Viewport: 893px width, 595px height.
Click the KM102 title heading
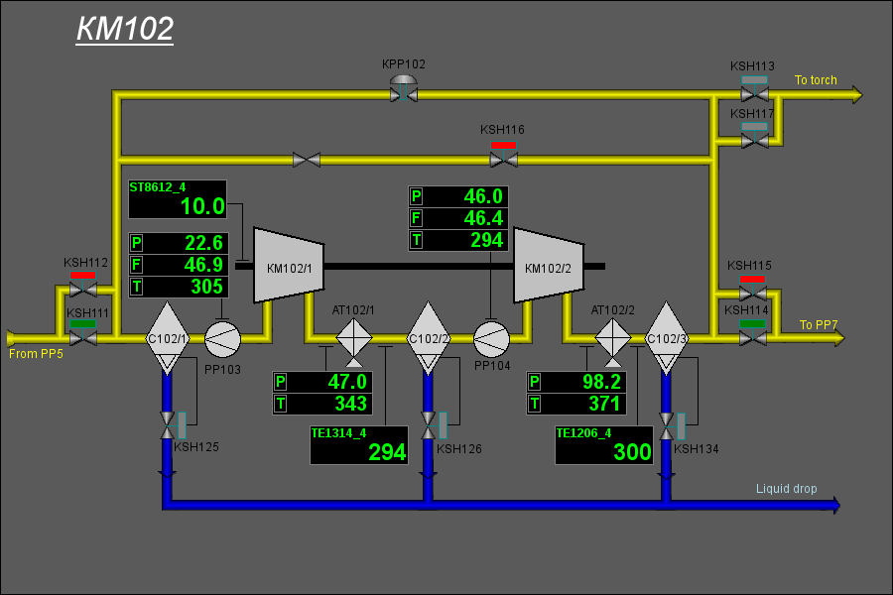point(125,29)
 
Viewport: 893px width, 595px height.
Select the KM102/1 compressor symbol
point(289,266)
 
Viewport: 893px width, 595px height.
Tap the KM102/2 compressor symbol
point(549,266)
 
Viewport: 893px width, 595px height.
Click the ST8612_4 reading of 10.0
point(202,206)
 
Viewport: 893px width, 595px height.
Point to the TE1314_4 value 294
point(387,452)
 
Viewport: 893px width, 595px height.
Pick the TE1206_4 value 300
point(632,452)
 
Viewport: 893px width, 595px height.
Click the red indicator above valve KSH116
point(503,145)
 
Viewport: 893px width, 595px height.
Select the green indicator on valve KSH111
point(82,324)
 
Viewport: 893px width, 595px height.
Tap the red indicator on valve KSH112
point(82,275)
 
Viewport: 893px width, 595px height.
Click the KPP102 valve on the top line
point(404,89)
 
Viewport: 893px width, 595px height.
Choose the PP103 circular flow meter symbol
point(222,339)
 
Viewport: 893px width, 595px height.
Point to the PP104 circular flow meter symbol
point(491,339)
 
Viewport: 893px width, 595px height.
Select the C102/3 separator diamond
point(667,338)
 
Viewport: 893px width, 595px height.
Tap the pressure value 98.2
point(601,382)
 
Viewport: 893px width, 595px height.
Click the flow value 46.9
point(203,265)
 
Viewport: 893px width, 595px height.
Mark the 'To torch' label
point(816,80)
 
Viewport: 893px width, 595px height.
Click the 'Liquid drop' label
point(786,489)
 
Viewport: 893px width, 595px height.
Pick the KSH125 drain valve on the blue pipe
point(168,425)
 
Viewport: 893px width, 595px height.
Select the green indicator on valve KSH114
point(752,324)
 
